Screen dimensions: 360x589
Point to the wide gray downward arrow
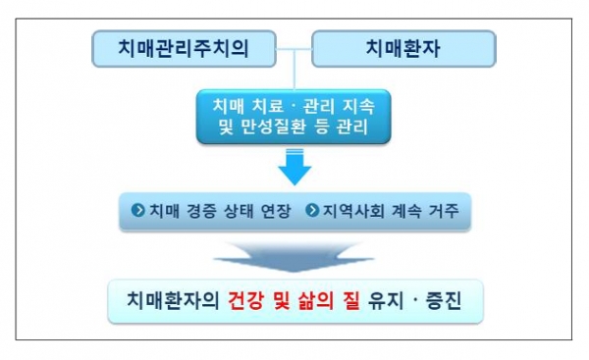[294, 256]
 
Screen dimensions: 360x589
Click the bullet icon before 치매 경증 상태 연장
[137, 211]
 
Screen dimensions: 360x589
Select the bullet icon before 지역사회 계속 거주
[311, 211]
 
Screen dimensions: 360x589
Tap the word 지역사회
[351, 211]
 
